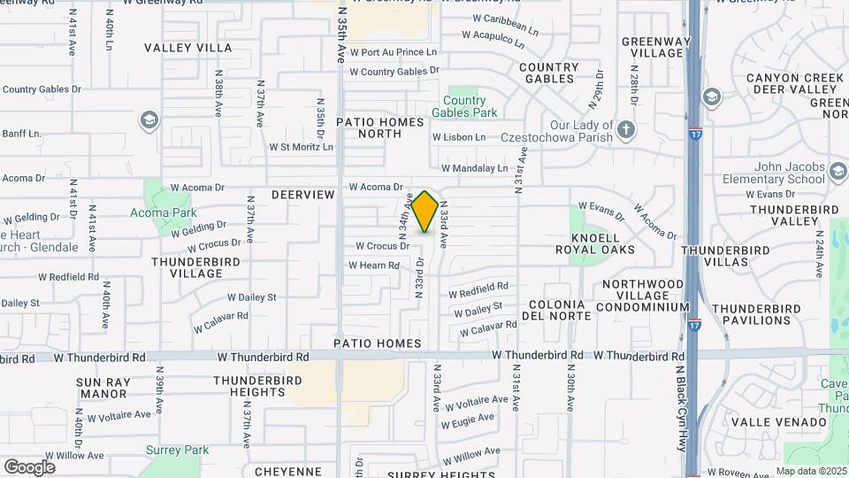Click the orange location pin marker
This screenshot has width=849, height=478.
click(x=424, y=212)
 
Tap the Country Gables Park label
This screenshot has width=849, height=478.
click(x=464, y=106)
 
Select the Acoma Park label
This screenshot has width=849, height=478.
click(x=163, y=213)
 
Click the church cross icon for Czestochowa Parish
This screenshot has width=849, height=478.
click(x=626, y=130)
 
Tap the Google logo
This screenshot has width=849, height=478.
click(x=29, y=466)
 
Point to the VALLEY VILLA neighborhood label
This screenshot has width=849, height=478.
click(x=188, y=48)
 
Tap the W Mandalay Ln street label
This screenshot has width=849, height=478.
click(x=475, y=167)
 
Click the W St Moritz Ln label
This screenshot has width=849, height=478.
click(x=301, y=147)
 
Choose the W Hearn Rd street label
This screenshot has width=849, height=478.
click(x=374, y=265)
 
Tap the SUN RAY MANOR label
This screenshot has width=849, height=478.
click(x=103, y=388)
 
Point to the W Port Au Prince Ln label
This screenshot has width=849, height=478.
click(x=394, y=52)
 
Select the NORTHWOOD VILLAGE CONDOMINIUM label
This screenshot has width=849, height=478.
click(x=643, y=296)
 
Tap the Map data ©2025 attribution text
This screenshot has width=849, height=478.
click(x=811, y=471)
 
